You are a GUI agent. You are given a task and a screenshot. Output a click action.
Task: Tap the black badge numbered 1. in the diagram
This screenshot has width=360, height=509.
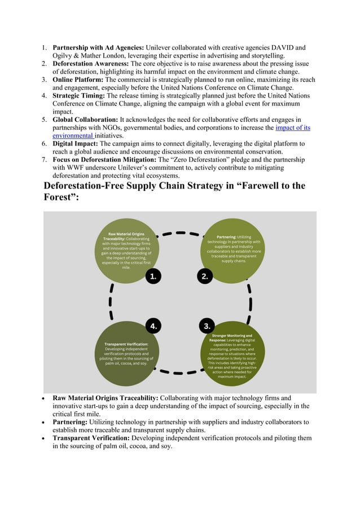tap(153, 276)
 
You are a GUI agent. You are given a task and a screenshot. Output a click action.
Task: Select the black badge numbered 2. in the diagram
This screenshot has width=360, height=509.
tap(205, 276)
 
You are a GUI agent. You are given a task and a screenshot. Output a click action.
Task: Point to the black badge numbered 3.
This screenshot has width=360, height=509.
tap(207, 326)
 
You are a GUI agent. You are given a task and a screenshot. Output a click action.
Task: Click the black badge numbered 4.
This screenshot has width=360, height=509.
tap(153, 326)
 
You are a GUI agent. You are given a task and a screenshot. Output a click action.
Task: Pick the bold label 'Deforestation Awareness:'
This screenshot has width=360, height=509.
tap(90, 64)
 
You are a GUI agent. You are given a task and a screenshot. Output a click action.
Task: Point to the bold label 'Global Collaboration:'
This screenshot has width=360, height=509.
tap(85, 120)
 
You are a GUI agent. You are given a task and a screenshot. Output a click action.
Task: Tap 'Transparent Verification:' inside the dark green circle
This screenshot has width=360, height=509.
tap(126, 344)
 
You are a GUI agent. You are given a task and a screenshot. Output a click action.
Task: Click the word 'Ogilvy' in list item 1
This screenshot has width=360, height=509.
tap(64, 55)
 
